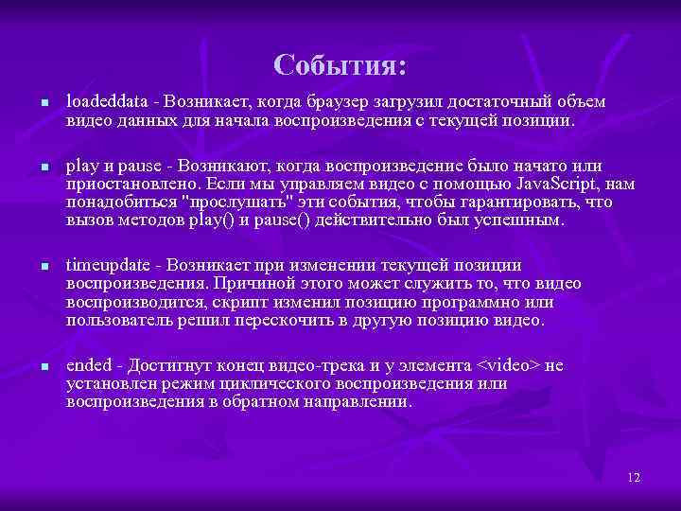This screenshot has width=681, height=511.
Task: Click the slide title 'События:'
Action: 340,64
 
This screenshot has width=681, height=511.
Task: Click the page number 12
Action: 634,477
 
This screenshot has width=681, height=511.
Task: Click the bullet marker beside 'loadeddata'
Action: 33,102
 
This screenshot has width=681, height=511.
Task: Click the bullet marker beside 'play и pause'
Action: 33,167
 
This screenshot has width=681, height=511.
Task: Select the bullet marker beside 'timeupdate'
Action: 33,266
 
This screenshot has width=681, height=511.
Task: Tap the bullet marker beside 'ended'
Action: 33,367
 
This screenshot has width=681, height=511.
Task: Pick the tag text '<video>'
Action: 506,366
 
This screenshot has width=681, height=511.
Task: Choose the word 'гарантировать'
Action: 530,202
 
